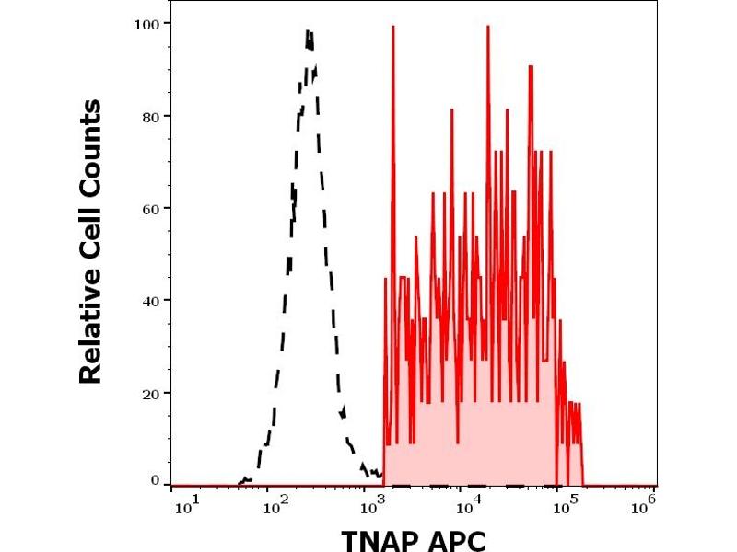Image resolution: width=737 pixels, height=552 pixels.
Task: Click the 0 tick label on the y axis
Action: pos(153,480)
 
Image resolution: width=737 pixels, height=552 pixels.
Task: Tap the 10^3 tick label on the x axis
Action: pos(371,503)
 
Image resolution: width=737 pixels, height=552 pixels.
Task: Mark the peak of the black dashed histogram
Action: pos(310,33)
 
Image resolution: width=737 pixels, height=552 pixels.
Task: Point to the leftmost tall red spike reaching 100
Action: pos(393,27)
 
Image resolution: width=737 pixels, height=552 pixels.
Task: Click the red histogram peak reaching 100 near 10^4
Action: pos(487,27)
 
